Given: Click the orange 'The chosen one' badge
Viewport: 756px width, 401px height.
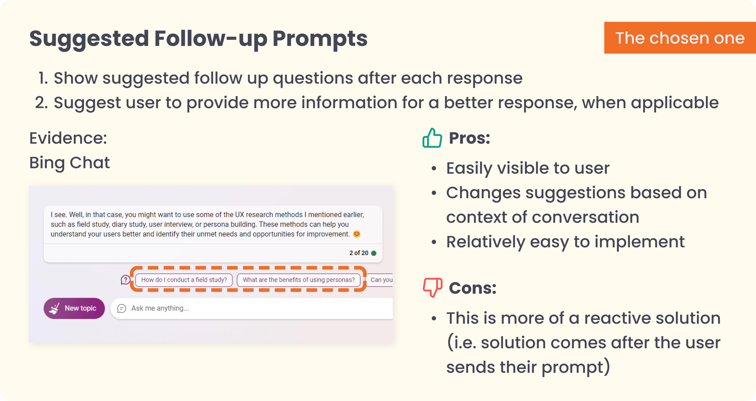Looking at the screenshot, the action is point(680,38).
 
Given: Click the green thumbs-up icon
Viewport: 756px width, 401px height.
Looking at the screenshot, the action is point(432,138).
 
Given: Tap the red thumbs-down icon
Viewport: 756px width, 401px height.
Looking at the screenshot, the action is point(433,287).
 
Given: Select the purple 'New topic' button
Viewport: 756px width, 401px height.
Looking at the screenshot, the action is point(74,308).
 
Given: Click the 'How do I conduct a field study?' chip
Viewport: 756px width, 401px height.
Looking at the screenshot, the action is point(184,280).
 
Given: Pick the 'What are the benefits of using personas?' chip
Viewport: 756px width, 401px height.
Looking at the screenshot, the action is point(298,280).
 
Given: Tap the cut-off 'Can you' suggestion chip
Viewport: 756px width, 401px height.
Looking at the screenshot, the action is point(380,280).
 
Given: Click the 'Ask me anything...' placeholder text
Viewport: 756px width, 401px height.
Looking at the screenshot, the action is point(160,308).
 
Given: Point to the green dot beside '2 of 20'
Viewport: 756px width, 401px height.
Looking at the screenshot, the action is point(374,253).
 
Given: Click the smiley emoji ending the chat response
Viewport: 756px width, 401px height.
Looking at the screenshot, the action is point(357,234).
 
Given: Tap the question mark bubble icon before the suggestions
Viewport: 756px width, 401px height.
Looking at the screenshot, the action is point(125,280).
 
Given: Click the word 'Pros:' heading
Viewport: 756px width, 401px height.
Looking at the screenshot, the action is point(470,138).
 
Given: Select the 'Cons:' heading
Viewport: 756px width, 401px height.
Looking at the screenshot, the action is point(472,288).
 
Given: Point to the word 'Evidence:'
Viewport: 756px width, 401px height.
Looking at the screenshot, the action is point(68,138).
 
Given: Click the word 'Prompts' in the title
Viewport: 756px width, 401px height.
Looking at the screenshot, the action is point(320,39).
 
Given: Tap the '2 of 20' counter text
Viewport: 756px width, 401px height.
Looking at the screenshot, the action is point(359,253).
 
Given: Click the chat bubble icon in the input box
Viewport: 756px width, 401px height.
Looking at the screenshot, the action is point(122,308).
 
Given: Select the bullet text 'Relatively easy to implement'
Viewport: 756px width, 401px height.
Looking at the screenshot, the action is point(565,242).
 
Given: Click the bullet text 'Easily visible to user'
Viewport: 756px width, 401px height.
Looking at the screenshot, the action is point(528,168).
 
